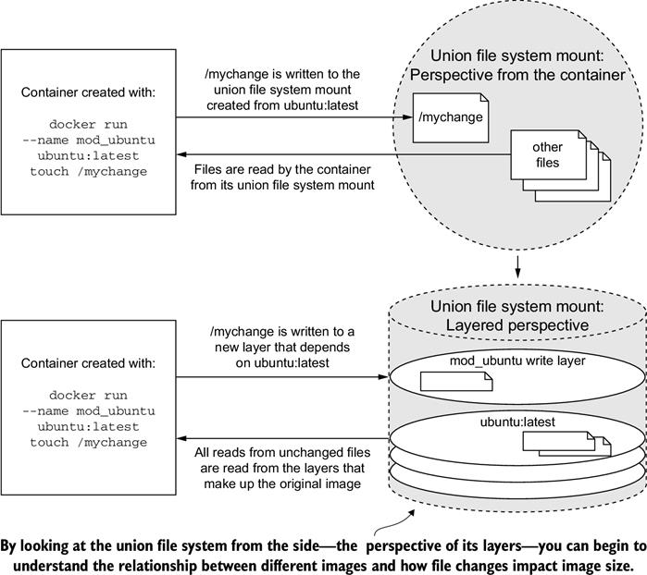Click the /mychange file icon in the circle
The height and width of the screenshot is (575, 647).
pyautogui.click(x=451, y=118)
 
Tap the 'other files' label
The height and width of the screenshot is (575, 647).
pyautogui.click(x=547, y=154)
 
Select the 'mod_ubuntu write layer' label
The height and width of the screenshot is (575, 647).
pyautogui.click(x=517, y=361)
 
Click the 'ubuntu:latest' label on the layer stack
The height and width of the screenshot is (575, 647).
pyautogui.click(x=517, y=422)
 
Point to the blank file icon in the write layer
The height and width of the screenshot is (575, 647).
pyautogui.click(x=456, y=381)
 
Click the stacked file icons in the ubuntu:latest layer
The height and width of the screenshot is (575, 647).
pyautogui.click(x=566, y=444)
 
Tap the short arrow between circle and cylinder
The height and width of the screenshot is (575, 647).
pyautogui.click(x=517, y=266)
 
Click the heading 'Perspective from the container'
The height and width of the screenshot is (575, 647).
pyautogui.click(x=517, y=75)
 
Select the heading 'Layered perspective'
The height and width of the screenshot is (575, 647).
pyautogui.click(x=517, y=325)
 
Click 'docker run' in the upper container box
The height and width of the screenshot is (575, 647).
pyautogui.click(x=88, y=124)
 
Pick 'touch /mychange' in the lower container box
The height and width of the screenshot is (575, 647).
pyautogui.click(x=88, y=442)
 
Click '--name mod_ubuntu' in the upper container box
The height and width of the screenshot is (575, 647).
pyautogui.click(x=89, y=141)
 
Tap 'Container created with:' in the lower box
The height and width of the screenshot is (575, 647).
pyautogui.click(x=88, y=363)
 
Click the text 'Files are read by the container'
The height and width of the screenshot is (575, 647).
pyautogui.click(x=282, y=169)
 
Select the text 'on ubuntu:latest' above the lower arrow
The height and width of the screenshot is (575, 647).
pyautogui.click(x=282, y=362)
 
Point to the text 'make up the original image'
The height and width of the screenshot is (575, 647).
pyautogui.click(x=282, y=483)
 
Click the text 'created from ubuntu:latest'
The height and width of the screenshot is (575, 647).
pyautogui.click(x=282, y=105)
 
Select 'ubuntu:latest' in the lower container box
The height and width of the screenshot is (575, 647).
pyautogui.click(x=88, y=426)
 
